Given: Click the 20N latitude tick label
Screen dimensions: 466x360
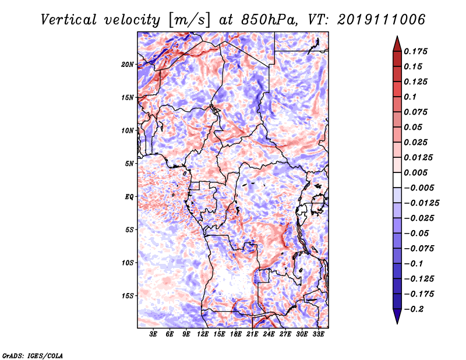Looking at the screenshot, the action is (128, 65).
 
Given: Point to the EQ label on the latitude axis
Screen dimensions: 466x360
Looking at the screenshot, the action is (129, 197).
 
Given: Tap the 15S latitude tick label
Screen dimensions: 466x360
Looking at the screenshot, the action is (128, 296).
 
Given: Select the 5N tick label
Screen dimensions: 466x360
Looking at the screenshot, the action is (129, 164).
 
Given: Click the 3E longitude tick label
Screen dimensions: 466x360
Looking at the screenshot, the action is (153, 334).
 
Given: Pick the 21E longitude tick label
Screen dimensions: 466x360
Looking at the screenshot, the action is (252, 334).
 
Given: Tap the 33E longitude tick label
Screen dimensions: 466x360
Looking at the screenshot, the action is (318, 334).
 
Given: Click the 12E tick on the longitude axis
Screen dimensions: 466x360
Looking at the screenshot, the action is (203, 334).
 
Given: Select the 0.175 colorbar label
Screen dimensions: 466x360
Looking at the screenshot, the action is (415, 51).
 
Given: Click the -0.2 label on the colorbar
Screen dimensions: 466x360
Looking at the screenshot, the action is (414, 309).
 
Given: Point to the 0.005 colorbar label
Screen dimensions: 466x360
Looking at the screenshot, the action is (415, 172).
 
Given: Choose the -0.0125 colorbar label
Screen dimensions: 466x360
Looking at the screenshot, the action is (421, 203).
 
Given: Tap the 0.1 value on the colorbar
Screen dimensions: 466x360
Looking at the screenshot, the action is (410, 97).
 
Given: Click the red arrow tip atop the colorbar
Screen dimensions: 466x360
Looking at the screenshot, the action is (397, 36).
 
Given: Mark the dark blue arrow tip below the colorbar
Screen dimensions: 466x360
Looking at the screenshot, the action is (397, 323).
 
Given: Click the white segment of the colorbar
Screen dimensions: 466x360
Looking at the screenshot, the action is (397, 180).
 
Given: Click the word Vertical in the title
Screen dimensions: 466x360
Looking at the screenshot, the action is (69, 20).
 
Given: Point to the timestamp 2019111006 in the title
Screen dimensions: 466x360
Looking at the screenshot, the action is (382, 20).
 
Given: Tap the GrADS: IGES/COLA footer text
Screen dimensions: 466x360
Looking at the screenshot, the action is (33, 355).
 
